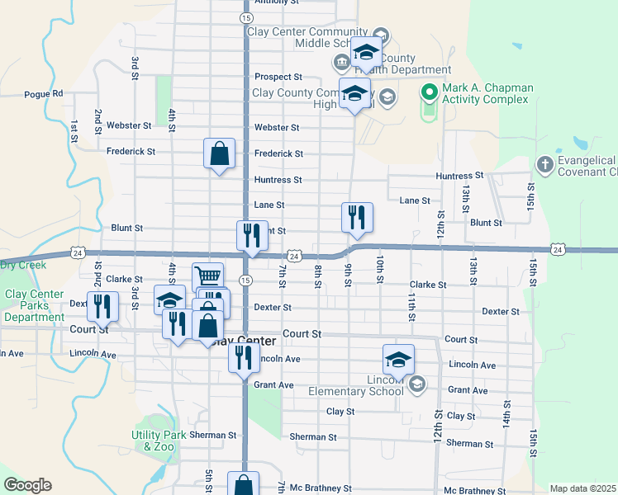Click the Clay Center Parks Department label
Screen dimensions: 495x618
(35, 305)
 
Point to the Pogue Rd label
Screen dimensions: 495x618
(44, 94)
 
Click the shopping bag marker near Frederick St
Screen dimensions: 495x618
(220, 153)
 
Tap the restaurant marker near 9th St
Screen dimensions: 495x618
(357, 218)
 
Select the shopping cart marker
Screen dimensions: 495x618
(208, 276)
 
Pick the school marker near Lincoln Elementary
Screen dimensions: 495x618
(398, 359)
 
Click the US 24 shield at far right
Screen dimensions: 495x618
(559, 249)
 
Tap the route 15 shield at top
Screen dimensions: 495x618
(246, 17)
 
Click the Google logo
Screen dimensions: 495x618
(26, 485)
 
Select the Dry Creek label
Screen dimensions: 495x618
(23, 265)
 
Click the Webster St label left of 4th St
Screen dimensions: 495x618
(129, 126)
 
